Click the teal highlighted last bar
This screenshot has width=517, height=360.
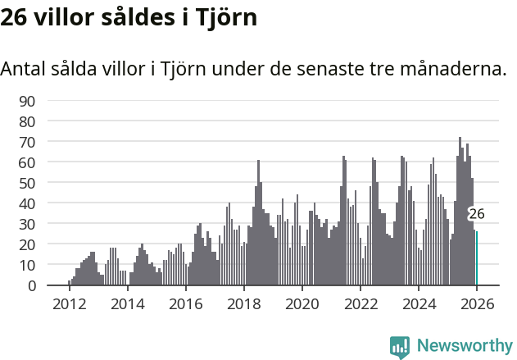[476, 258]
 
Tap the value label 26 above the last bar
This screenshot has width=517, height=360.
[476, 214]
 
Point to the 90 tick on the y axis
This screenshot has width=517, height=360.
[27, 101]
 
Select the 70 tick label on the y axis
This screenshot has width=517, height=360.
[27, 142]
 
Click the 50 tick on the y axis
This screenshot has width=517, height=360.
[27, 183]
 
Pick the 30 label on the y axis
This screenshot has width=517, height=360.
[27, 224]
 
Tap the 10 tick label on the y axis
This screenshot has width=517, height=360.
[27, 265]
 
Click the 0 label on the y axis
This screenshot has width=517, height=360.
[31, 285]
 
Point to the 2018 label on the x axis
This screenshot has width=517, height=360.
[243, 303]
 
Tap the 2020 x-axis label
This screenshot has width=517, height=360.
[302, 303]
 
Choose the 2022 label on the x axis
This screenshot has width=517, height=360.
[360, 303]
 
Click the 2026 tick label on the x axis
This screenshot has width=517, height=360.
[477, 303]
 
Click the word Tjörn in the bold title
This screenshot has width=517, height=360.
[226, 18]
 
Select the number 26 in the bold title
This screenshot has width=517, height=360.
[16, 18]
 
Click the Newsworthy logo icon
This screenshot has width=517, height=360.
[400, 346]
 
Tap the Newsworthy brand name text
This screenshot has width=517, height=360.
[464, 346]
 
